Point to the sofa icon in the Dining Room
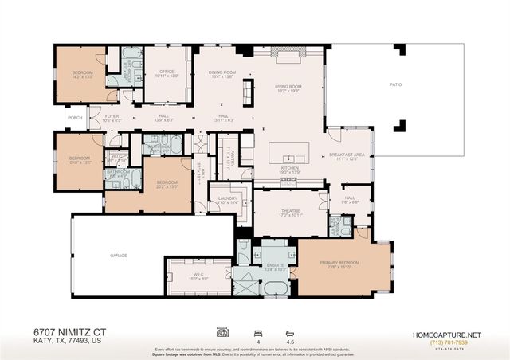coord(248,89)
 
